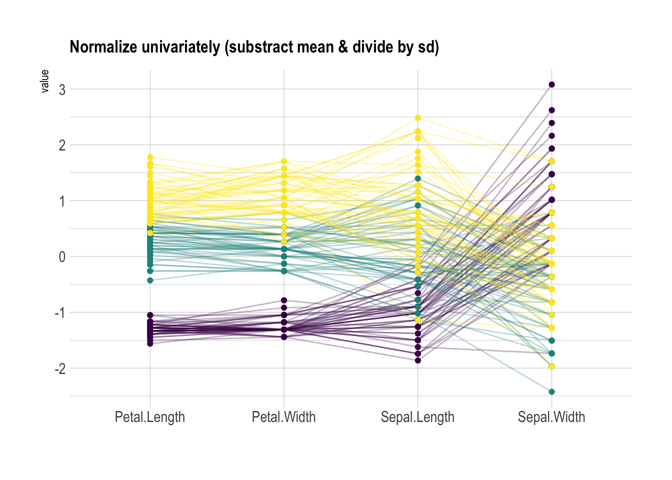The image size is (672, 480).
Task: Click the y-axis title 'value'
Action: coord(44,81)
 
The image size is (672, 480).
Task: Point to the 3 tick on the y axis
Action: coord(62,90)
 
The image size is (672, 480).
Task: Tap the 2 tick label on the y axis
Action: coord(62,145)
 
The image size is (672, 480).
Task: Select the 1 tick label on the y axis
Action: coord(62,201)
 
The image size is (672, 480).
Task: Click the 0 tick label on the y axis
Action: coord(62,257)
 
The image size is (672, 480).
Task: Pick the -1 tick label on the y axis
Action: coord(59,313)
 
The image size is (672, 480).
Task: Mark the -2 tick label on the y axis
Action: coord(59,369)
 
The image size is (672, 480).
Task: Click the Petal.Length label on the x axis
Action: coord(150,417)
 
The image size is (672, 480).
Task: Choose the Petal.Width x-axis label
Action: coord(284,417)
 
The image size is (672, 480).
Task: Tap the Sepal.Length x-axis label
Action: coord(417,417)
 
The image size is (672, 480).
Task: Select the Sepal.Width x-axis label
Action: coord(551,417)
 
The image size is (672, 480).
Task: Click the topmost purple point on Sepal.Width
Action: coord(551,84)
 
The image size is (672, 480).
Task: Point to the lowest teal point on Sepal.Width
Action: coord(551,392)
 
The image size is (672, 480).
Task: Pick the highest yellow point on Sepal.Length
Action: coord(418,118)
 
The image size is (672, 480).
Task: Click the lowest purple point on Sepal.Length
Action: coord(418,360)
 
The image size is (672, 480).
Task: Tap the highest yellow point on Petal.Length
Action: coord(150,157)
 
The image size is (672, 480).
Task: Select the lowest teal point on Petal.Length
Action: coord(150,280)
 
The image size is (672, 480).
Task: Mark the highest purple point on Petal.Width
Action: coord(284,300)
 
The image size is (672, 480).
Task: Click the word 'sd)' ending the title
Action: coord(428,47)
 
